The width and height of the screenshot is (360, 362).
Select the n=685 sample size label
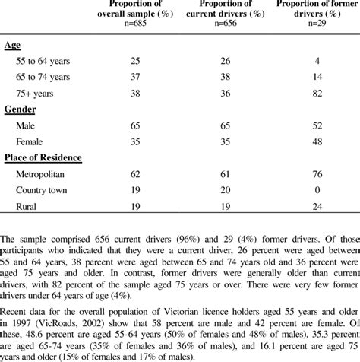pos(136,21)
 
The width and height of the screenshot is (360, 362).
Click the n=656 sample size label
pos(223,21)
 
